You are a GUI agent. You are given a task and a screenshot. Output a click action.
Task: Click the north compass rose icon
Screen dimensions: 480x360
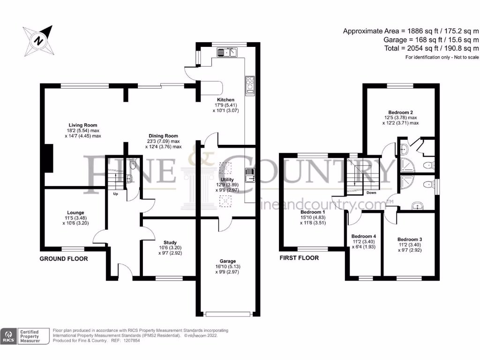coord(39,41)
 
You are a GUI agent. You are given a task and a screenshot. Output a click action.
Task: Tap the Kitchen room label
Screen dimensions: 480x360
coord(225,100)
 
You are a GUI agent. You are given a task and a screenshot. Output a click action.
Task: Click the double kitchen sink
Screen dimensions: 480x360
coord(227,52)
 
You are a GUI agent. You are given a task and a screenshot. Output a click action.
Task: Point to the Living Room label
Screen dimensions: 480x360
coord(82,125)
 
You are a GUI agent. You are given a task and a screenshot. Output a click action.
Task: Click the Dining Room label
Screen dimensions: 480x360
coord(163,136)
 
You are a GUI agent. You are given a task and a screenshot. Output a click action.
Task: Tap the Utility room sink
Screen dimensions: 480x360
coord(250,175)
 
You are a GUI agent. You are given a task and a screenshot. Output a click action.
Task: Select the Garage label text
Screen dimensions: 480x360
coord(227,261)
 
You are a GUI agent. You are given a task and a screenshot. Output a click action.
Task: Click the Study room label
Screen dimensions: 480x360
coord(170,242)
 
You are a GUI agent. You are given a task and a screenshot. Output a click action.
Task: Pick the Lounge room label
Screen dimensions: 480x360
coord(75,212)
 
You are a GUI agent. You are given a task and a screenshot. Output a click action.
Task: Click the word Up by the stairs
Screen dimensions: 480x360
coord(115,194)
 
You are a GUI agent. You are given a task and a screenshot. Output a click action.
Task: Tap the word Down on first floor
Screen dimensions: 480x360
coord(371,193)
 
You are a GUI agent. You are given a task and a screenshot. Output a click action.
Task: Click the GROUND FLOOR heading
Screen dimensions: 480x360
coord(64,259)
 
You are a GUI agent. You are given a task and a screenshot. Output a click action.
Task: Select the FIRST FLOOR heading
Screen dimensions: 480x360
coord(299,258)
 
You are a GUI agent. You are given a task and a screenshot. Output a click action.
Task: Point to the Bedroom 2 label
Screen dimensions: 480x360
coord(400,112)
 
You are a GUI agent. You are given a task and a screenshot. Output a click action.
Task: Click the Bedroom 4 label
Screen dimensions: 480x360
coord(364,236)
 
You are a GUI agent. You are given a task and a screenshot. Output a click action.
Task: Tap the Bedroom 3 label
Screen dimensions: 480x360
coord(410,240)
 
